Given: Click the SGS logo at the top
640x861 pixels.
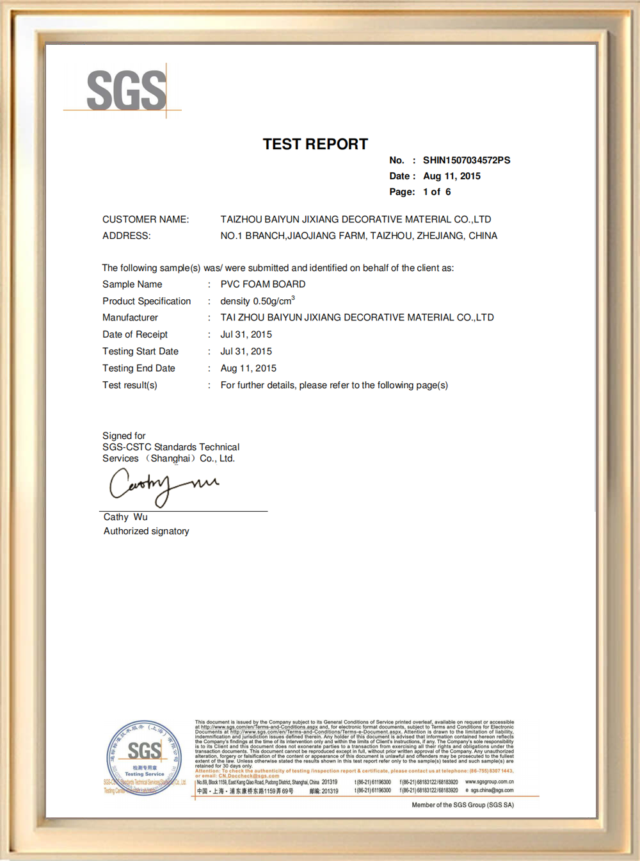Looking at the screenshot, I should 126,90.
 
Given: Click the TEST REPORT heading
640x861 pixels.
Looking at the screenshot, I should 316,144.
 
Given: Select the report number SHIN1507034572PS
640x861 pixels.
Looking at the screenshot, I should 467,160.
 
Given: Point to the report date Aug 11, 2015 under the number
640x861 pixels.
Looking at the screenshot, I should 452,176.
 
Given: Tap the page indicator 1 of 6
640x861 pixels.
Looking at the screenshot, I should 437,192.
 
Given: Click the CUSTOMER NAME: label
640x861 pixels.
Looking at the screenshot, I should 146,219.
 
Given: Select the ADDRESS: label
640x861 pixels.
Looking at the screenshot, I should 127,236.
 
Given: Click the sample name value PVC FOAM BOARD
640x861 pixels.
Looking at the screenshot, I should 263,284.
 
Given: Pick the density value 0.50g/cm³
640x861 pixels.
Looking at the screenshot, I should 257,301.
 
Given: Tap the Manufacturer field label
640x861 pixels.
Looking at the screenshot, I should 130,317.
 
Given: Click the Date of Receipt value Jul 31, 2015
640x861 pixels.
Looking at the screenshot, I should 246,334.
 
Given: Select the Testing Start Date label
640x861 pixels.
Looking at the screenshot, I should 140,351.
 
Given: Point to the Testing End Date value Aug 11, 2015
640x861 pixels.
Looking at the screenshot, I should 248,368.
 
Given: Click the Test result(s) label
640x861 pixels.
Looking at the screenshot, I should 130,385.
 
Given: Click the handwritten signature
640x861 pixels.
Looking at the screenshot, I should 163,486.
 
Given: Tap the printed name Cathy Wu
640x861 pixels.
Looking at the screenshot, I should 125,517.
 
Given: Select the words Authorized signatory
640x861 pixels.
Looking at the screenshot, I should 147,531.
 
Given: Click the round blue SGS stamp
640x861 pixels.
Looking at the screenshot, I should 145,758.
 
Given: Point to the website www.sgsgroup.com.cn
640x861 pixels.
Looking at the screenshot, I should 489,782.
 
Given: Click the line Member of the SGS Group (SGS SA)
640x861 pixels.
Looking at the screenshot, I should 463,805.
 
